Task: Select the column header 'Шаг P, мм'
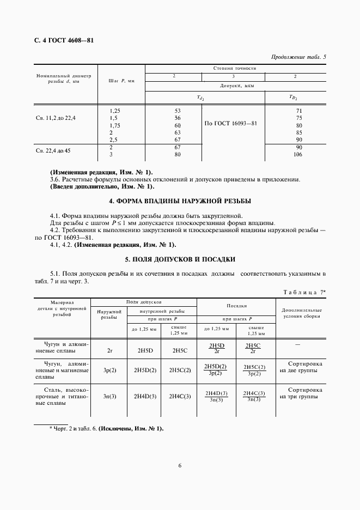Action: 121,81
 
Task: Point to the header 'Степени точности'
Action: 235,68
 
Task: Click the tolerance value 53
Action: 177,111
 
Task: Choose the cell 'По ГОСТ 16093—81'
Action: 230,123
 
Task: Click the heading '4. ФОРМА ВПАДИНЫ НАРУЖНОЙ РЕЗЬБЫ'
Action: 180,201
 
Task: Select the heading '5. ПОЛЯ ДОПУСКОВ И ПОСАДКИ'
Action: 180,258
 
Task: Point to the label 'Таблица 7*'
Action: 304,293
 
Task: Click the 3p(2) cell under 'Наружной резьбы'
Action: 109,370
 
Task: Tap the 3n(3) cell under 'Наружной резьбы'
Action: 109,396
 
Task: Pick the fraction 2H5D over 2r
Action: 217,348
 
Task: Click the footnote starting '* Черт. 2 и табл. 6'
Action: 106,429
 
